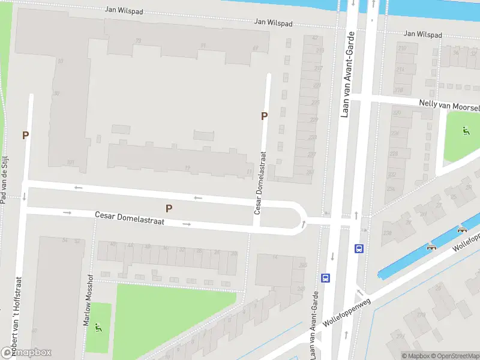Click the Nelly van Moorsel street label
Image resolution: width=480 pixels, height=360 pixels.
pyautogui.click(x=449, y=105)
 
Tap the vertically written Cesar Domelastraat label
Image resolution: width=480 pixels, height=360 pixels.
pyautogui.click(x=259, y=183)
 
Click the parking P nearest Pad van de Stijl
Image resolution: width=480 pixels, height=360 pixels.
pyautogui.click(x=25, y=136)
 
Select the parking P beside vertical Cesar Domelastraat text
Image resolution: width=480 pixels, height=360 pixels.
pyautogui.click(x=264, y=116)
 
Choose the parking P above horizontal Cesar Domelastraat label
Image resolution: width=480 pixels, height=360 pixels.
pyautogui.click(x=169, y=209)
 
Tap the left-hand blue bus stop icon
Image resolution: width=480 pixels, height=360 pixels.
pyautogui.click(x=326, y=278)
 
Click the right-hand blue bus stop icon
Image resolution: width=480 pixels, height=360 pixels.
pyautogui.click(x=359, y=248)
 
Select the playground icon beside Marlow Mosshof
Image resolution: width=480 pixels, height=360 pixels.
pyautogui.click(x=98, y=327)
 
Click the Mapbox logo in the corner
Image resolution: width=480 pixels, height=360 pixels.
pyautogui.click(x=26, y=353)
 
